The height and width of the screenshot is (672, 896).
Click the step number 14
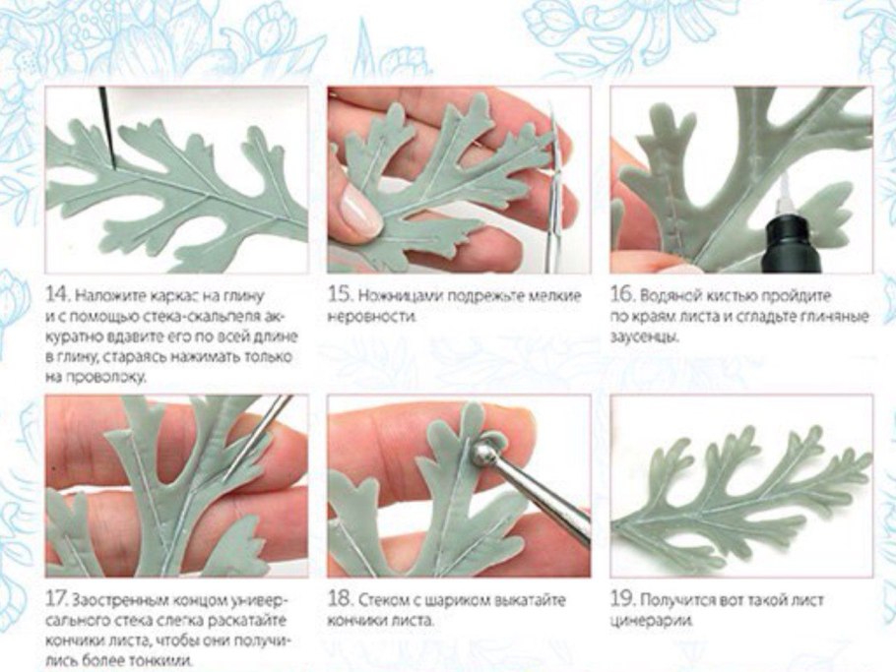[56, 295]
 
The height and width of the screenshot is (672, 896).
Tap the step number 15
[339, 294]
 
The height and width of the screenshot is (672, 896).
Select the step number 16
[621, 295]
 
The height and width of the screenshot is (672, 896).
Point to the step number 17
[56, 600]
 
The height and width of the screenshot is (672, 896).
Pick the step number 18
[339, 599]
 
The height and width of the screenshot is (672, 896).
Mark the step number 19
[621, 600]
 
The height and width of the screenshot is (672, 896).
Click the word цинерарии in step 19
[651, 621]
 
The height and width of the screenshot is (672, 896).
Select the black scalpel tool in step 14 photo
[108, 128]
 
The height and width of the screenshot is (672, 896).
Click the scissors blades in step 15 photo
[552, 188]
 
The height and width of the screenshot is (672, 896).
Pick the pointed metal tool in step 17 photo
[255, 435]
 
